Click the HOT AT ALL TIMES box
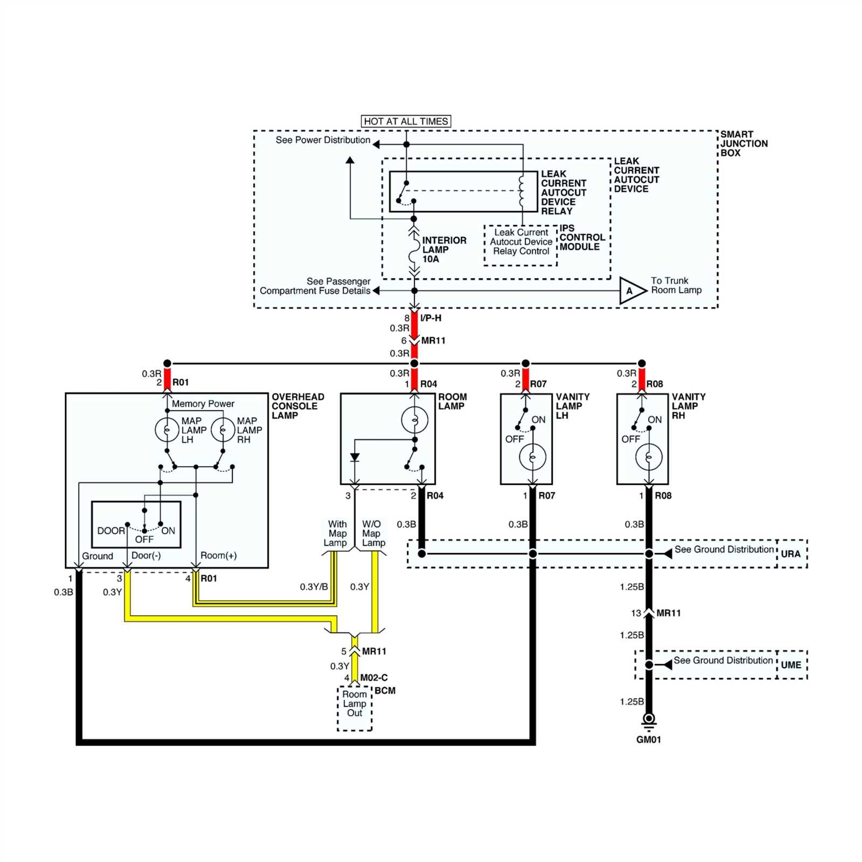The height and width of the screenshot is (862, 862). (x=406, y=121)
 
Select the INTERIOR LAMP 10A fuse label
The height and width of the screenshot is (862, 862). (x=443, y=249)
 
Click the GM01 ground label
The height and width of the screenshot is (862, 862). (x=648, y=740)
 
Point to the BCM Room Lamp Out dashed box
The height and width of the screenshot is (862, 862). (x=354, y=707)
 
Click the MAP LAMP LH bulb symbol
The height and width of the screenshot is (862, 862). (x=167, y=429)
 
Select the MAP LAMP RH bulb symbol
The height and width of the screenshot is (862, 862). (x=223, y=429)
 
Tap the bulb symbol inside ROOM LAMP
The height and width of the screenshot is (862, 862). (x=414, y=420)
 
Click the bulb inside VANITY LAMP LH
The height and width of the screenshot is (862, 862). (x=532, y=457)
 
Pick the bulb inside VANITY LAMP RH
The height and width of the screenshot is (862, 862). (x=649, y=457)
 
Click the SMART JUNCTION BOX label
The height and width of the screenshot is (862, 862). (x=743, y=143)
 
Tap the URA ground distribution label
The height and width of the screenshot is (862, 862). (x=790, y=554)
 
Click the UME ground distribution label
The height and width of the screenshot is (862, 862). (x=790, y=665)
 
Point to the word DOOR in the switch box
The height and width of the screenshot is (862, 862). (x=111, y=531)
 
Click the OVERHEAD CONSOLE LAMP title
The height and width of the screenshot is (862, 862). (x=297, y=406)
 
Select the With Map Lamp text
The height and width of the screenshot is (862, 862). (x=336, y=533)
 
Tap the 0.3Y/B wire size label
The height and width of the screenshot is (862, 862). (x=314, y=587)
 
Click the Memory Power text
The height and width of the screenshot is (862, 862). (x=203, y=404)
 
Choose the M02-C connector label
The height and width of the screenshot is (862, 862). (x=373, y=678)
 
